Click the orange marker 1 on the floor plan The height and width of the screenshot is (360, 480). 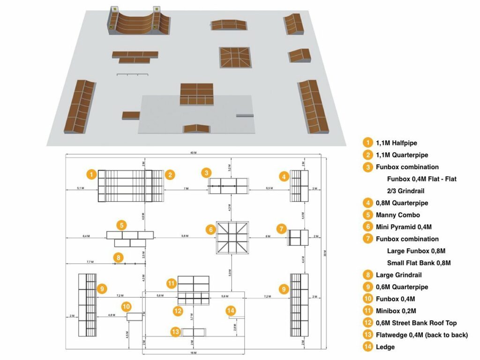92,174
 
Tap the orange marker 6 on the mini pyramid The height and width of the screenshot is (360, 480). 211,230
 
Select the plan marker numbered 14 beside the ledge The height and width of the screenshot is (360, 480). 231,310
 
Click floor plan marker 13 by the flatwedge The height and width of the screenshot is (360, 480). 175,331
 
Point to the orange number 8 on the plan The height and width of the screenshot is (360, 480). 119,257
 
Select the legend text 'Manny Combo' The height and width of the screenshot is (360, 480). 397,215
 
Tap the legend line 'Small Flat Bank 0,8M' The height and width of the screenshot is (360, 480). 419,263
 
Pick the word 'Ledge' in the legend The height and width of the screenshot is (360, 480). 385,347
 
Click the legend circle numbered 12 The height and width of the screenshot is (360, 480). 368,323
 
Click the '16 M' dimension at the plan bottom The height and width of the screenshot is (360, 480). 193,352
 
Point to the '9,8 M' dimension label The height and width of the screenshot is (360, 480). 185,236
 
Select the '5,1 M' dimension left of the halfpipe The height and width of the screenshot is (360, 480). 81,188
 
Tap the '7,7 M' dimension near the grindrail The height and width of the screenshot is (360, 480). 90,262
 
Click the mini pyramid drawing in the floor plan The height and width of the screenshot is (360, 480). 232,238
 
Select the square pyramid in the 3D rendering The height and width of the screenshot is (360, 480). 234,57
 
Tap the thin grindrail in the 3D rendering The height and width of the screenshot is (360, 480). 133,75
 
